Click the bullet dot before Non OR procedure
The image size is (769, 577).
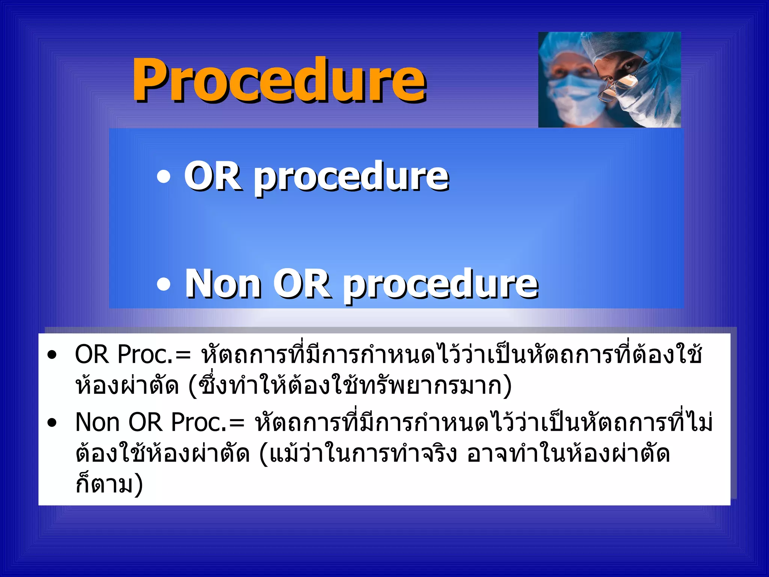163,284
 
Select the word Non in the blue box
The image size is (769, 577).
223,284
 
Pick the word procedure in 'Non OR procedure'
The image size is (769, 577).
441,285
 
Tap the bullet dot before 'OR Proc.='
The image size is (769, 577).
52,355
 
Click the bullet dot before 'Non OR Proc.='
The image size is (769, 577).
52,423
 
